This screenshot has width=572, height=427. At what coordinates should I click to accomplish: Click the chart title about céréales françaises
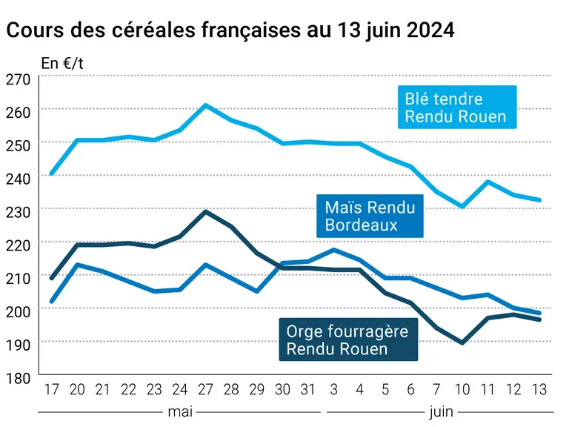[x=230, y=30]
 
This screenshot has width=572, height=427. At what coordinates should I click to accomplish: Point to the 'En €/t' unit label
[x=62, y=64]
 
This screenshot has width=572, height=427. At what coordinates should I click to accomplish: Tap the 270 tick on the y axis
[x=19, y=79]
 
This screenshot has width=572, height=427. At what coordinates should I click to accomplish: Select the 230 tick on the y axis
[x=19, y=212]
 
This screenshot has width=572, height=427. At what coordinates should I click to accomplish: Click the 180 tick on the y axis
[x=19, y=379]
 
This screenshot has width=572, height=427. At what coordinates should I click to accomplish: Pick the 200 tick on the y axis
[x=19, y=311]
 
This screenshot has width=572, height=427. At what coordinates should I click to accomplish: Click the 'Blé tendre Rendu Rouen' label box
[x=457, y=107]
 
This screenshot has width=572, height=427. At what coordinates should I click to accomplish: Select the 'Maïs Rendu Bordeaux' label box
[x=370, y=216]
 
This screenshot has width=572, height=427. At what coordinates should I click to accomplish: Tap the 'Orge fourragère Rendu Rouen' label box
[x=348, y=340]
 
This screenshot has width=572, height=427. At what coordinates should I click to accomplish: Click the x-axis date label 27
[x=205, y=390]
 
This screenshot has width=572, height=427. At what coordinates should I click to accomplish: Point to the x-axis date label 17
[x=51, y=390]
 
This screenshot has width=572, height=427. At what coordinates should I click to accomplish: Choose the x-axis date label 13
[x=539, y=390]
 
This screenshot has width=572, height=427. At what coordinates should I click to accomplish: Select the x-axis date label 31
[x=308, y=390]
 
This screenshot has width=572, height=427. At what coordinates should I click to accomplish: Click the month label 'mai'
[x=180, y=412]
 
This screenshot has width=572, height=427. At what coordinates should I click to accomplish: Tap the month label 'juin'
[x=441, y=412]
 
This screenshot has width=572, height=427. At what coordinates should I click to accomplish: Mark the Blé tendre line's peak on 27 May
[x=205, y=105]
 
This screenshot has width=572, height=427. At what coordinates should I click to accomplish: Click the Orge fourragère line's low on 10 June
[x=462, y=342]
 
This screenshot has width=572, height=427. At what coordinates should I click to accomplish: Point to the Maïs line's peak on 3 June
[x=333, y=250]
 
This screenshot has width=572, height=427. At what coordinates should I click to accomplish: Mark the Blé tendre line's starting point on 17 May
[x=51, y=173]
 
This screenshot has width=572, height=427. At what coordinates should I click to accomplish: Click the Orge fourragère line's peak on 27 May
[x=205, y=211]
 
